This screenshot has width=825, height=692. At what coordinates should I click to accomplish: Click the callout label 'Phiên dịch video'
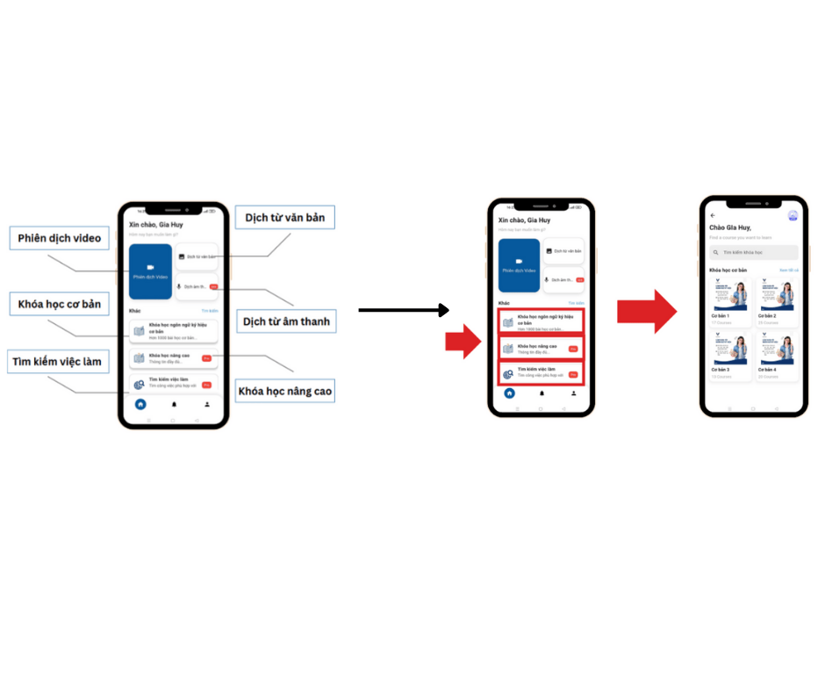[x=59, y=238]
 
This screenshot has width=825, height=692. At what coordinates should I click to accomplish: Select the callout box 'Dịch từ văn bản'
[x=284, y=217]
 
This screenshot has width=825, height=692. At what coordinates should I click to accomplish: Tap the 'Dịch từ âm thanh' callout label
[x=287, y=321]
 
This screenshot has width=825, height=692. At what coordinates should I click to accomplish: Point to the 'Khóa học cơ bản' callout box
[x=59, y=305]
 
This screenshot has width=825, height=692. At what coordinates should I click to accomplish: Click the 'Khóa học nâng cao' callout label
[x=285, y=389]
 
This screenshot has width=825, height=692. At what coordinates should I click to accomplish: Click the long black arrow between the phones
[x=404, y=310]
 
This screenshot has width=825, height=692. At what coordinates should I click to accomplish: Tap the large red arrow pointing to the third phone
[x=646, y=311]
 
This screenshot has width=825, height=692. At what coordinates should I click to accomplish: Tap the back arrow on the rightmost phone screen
[x=713, y=215]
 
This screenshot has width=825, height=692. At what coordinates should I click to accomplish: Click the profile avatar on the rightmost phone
[x=793, y=215]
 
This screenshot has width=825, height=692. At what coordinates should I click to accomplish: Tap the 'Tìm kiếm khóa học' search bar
[x=754, y=252]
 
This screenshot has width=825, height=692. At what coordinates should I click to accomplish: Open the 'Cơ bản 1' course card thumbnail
[x=730, y=294]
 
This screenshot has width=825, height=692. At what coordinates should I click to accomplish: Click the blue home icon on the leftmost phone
[x=140, y=405]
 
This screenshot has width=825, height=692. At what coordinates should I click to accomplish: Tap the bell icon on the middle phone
[x=542, y=393]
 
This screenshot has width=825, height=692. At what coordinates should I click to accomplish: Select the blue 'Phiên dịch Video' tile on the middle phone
[x=519, y=265]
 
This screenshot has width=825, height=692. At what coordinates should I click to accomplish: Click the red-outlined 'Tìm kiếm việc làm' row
[x=540, y=373]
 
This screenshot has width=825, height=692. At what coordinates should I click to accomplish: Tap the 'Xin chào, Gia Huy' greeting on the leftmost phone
[x=156, y=225]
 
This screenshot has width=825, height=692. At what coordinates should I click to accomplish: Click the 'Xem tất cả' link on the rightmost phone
[x=789, y=270]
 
